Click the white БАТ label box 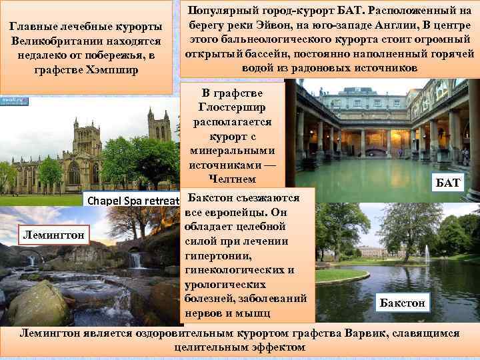pos(448,183)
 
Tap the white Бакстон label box pos(402,303)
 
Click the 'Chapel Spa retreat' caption pos(130,200)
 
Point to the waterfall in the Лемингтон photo pos(136,259)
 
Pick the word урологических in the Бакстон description pos(221,284)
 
